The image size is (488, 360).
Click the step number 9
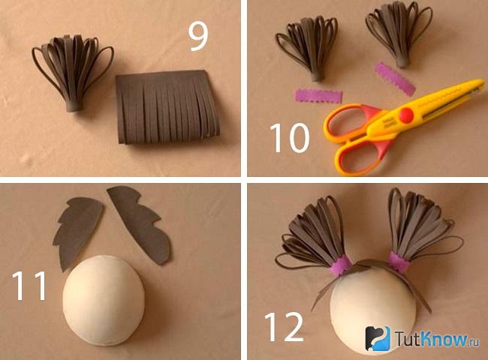point(198,37)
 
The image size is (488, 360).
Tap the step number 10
point(290,137)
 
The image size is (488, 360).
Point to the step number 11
point(29,286)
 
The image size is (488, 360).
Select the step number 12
point(284,327)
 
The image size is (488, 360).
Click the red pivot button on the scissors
point(406,115)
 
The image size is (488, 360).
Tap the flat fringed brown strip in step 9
point(168,107)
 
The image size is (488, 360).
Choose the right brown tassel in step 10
point(399,34)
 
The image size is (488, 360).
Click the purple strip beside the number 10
point(318,96)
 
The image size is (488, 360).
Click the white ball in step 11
point(104,301)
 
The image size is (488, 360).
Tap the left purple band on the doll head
point(340,265)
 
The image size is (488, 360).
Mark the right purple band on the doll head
point(398,262)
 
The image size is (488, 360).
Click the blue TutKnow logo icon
point(378,338)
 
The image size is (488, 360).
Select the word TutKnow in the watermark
point(431,339)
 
